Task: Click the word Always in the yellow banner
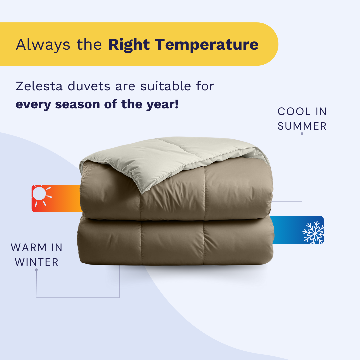tap(43, 45)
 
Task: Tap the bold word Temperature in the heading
tap(207, 44)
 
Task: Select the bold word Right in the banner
tap(129, 45)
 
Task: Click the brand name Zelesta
tap(39, 86)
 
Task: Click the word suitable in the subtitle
tap(166, 86)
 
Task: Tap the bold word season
tap(77, 104)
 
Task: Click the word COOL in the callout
tap(294, 112)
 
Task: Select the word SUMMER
tap(302, 126)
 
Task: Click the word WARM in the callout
tap(29, 247)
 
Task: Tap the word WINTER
tap(37, 262)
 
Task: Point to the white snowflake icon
tap(313, 232)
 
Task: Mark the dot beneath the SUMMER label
tap(302, 134)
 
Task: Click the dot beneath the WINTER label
tap(36, 270)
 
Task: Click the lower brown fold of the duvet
tap(175, 241)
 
